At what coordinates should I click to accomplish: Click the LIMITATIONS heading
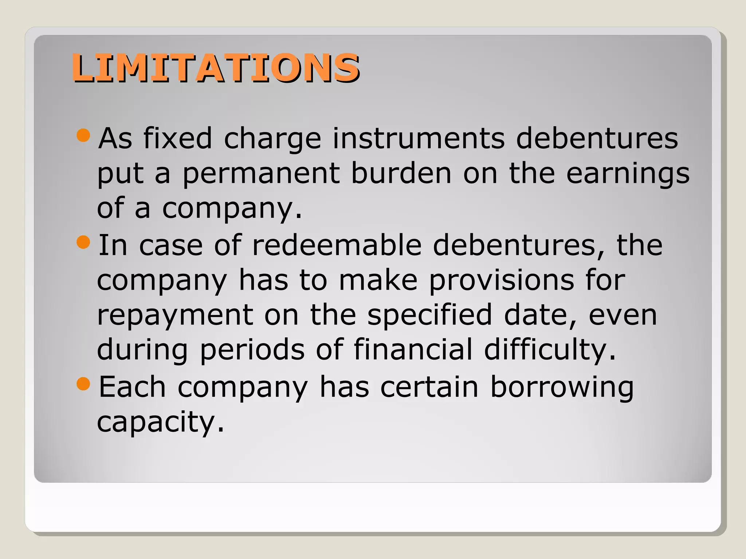tap(216, 68)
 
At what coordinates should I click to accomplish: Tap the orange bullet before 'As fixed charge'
tap(83, 135)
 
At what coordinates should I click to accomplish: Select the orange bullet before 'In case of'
tap(83, 242)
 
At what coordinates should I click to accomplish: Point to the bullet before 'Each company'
tap(83, 384)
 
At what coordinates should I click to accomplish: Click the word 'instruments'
tap(419, 139)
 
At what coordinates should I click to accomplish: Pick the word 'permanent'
tap(261, 173)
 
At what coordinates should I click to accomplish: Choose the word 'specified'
tap(429, 315)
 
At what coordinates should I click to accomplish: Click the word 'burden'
tap(401, 173)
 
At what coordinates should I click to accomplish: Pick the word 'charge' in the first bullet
tap(272, 139)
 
